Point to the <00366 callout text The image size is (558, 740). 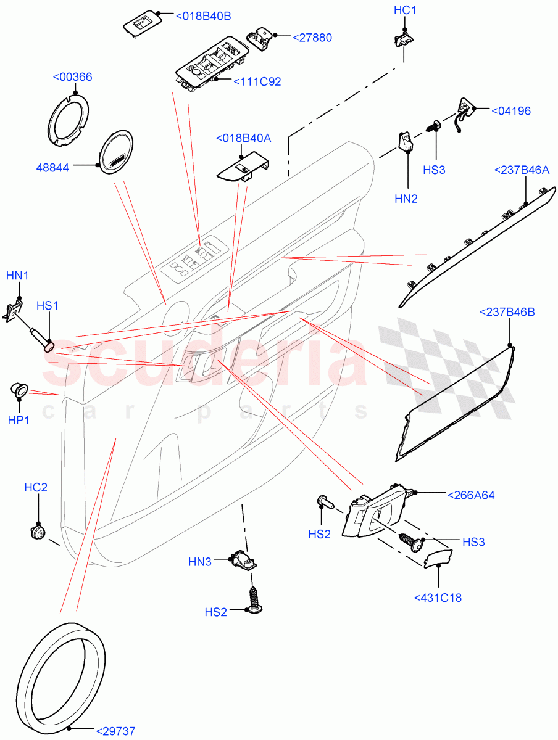72,77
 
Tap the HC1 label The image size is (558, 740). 405,10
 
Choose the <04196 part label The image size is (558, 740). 510,111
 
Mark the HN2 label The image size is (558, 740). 406,199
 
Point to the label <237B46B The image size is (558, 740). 507,312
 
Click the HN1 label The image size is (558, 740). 17,275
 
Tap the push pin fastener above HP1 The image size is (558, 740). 19,389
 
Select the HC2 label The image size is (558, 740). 36,487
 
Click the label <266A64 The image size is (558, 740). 471,495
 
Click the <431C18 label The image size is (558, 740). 438,597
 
